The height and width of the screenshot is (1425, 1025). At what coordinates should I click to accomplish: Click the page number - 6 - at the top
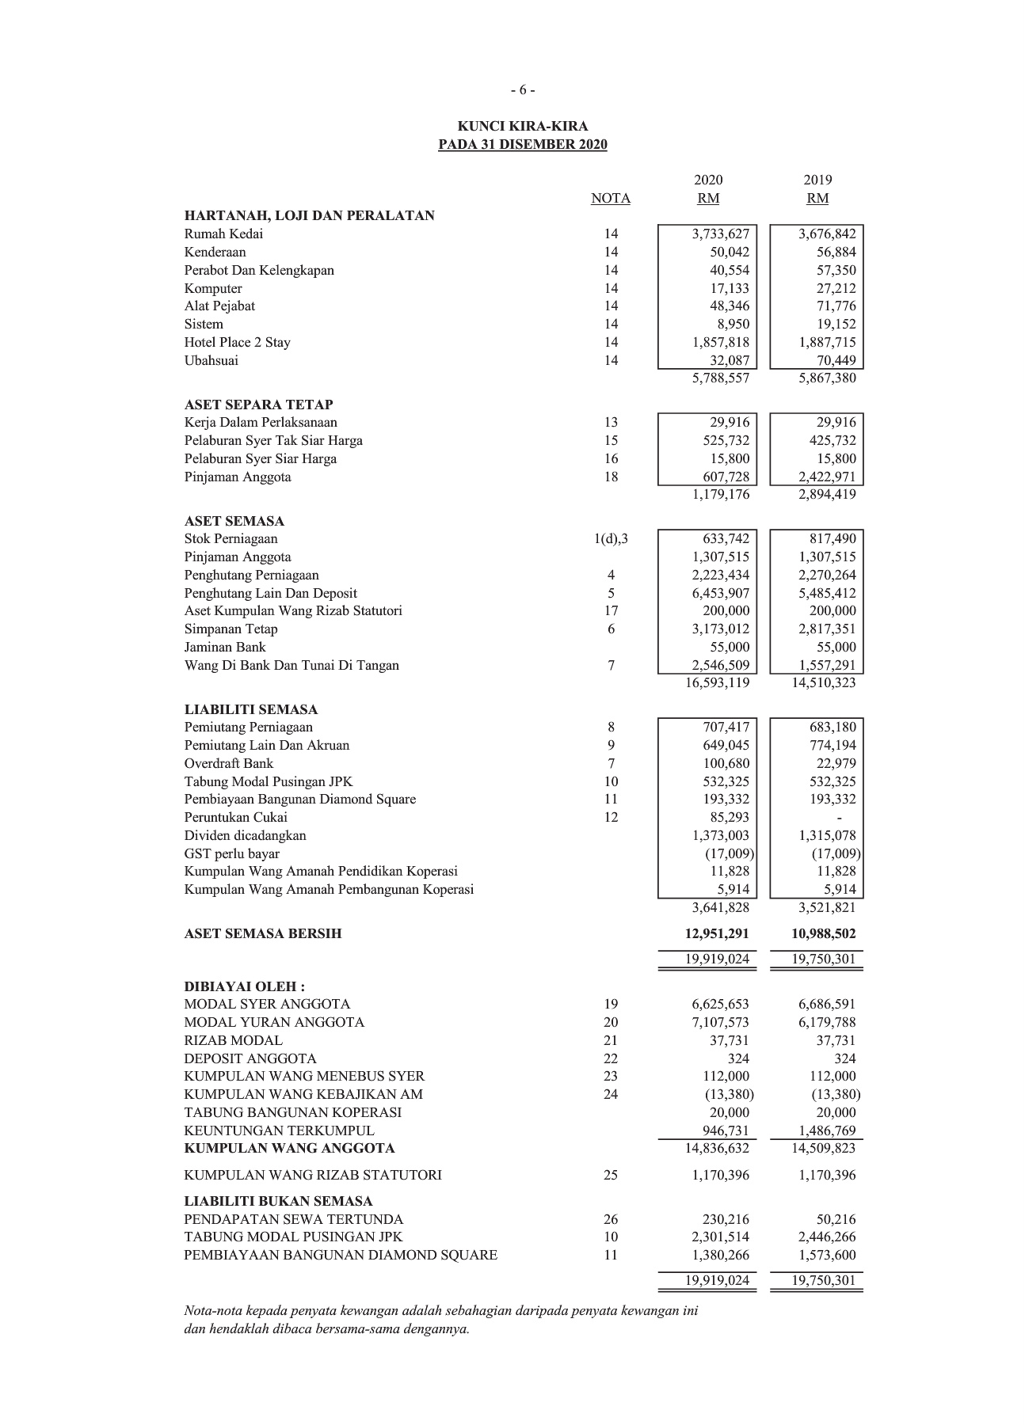click(x=523, y=90)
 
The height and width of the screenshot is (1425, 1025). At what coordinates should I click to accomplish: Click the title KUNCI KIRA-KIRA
click(x=523, y=127)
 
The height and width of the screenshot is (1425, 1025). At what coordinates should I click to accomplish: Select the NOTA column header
click(x=611, y=199)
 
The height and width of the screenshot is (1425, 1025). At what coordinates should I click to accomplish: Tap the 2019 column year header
click(x=817, y=180)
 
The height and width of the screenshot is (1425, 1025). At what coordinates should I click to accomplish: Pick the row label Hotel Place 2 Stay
click(x=238, y=343)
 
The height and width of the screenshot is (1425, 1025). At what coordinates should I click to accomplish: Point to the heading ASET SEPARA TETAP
click(x=258, y=405)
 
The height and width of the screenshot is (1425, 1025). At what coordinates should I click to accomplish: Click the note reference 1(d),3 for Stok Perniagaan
click(x=611, y=540)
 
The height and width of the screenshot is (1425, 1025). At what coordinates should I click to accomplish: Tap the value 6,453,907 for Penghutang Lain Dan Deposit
click(x=719, y=594)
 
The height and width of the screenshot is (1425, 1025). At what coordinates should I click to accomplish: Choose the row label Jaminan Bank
click(x=225, y=648)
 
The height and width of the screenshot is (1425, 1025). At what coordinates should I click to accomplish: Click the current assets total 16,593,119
click(x=717, y=683)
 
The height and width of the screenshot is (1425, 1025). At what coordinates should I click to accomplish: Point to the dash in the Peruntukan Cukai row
click(x=840, y=818)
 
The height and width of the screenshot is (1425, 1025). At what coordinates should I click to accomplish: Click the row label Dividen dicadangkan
click(x=245, y=836)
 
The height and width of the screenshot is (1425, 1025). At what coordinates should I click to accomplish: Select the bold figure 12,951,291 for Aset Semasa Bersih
click(x=717, y=934)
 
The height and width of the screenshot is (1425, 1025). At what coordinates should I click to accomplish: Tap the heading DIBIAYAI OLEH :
click(x=244, y=986)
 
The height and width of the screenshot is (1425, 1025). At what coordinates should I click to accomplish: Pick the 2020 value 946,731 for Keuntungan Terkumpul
click(x=726, y=1131)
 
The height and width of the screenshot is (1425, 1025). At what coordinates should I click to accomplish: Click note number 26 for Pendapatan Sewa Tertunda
click(x=611, y=1220)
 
